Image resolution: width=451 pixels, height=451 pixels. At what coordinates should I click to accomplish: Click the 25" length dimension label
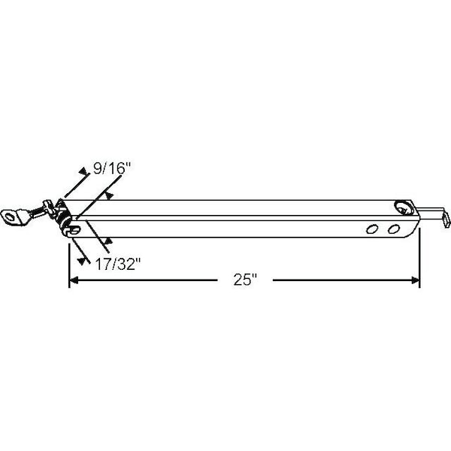click(x=244, y=280)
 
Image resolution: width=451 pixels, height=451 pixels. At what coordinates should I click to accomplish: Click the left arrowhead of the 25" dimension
click(x=74, y=280)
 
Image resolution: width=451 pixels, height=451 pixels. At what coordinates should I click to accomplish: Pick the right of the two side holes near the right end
click(x=394, y=228)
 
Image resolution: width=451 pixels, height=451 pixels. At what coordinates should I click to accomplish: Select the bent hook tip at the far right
click(x=448, y=217)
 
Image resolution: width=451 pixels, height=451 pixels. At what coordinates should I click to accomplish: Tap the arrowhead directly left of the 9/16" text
click(x=83, y=172)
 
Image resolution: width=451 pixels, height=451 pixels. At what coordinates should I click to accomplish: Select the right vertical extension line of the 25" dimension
click(x=419, y=256)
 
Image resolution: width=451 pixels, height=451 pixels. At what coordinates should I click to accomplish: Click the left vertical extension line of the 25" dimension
click(x=69, y=259)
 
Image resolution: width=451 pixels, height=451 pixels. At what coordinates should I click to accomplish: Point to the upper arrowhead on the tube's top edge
click(x=111, y=196)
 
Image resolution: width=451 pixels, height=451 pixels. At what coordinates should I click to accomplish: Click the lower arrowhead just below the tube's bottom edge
click(x=109, y=241)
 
